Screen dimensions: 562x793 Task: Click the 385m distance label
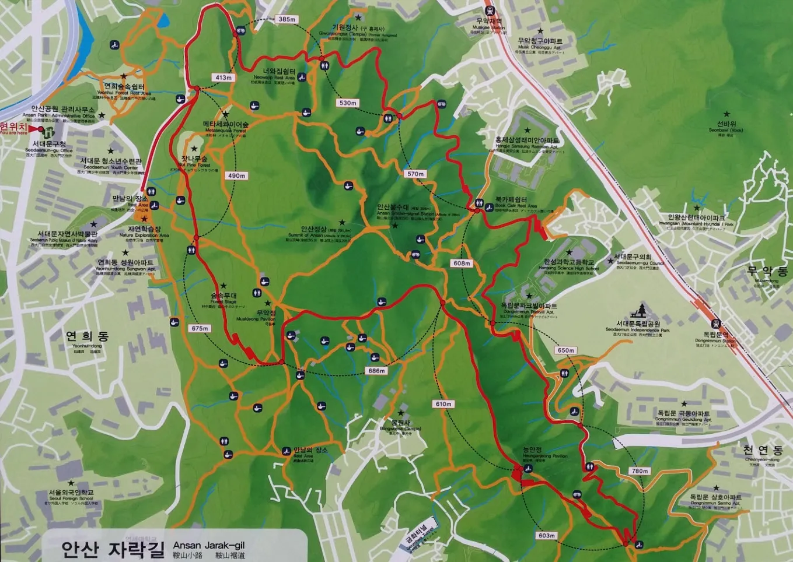287,19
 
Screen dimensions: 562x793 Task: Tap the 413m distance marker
223,78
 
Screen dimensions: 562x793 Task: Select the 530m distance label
348,103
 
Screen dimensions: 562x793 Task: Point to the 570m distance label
415,174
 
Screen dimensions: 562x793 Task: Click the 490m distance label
237,175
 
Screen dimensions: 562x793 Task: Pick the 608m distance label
462,264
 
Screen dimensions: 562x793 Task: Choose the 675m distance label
200,328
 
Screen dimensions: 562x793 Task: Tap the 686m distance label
376,371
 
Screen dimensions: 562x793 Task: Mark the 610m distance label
443,404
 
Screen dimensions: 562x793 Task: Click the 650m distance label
565,350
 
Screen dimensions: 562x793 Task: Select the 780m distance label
640,471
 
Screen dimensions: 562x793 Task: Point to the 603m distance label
547,536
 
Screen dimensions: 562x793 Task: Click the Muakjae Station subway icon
489,10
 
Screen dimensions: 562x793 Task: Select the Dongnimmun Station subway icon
715,324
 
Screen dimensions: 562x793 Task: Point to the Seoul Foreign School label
71,496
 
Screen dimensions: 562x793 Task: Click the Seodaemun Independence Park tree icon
642,310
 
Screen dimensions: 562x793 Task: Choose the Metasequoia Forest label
226,125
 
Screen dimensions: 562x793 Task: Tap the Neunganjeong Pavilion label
532,451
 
